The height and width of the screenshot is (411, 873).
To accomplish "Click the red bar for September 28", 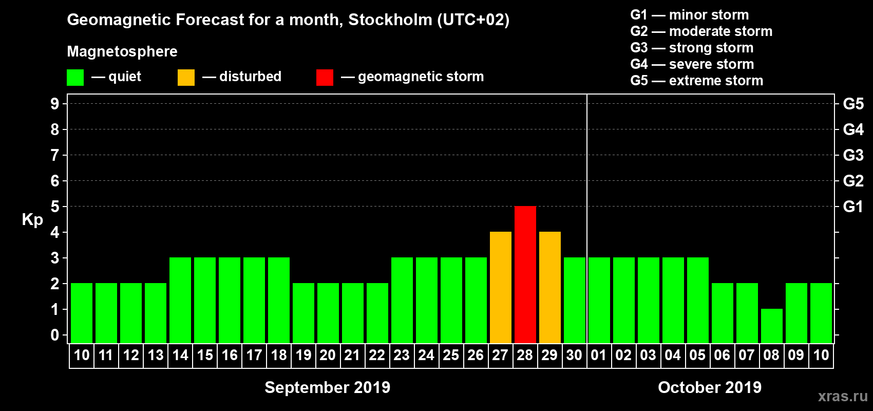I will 525,274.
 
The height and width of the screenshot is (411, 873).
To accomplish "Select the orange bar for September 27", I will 500,287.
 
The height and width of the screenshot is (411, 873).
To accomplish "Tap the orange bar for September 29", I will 549,287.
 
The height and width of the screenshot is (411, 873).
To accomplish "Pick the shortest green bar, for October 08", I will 771,326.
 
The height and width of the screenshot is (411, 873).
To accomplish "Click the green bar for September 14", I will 180,300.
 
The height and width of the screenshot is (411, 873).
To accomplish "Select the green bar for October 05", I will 697,300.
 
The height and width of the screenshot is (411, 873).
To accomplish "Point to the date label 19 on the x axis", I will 303,355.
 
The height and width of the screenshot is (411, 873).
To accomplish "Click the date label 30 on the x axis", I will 574,355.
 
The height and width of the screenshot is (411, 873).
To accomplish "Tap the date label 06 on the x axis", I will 722,355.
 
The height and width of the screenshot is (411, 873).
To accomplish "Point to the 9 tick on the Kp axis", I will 55,104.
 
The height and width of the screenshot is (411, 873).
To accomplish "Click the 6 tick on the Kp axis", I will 55,181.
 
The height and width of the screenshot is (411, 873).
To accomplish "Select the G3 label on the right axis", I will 853,155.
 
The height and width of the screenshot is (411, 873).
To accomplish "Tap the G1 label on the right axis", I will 853,207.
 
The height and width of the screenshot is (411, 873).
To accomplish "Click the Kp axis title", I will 32,219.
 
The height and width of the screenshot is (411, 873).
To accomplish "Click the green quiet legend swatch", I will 75,78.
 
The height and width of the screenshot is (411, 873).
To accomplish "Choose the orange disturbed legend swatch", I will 186,78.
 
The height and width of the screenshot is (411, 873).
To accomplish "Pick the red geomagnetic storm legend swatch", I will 325,78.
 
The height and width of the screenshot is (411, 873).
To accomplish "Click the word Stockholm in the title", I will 390,20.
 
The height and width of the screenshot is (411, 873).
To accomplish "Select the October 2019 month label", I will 710,387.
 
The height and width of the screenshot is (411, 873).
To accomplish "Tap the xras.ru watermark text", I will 843,396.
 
